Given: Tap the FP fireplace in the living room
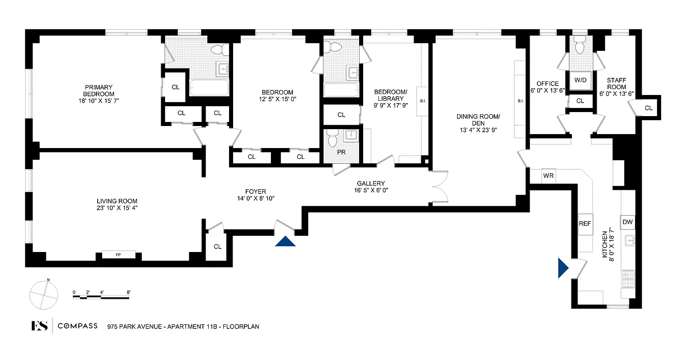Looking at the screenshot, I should tap(118, 255).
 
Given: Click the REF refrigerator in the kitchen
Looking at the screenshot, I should tap(585, 223).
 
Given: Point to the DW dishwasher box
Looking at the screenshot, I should tap(628, 222).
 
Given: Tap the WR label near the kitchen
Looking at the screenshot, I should tap(548, 175).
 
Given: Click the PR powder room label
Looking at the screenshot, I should tap(342, 152).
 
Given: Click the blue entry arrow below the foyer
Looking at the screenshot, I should tap(285, 242).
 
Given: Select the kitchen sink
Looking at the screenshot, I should tap(629, 241).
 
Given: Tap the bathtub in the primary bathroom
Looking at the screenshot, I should tap(209, 88).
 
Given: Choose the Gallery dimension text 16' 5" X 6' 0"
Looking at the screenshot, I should tap(371, 190).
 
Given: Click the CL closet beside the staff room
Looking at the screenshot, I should tap(648, 108).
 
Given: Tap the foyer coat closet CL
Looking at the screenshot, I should tap(217, 247).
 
